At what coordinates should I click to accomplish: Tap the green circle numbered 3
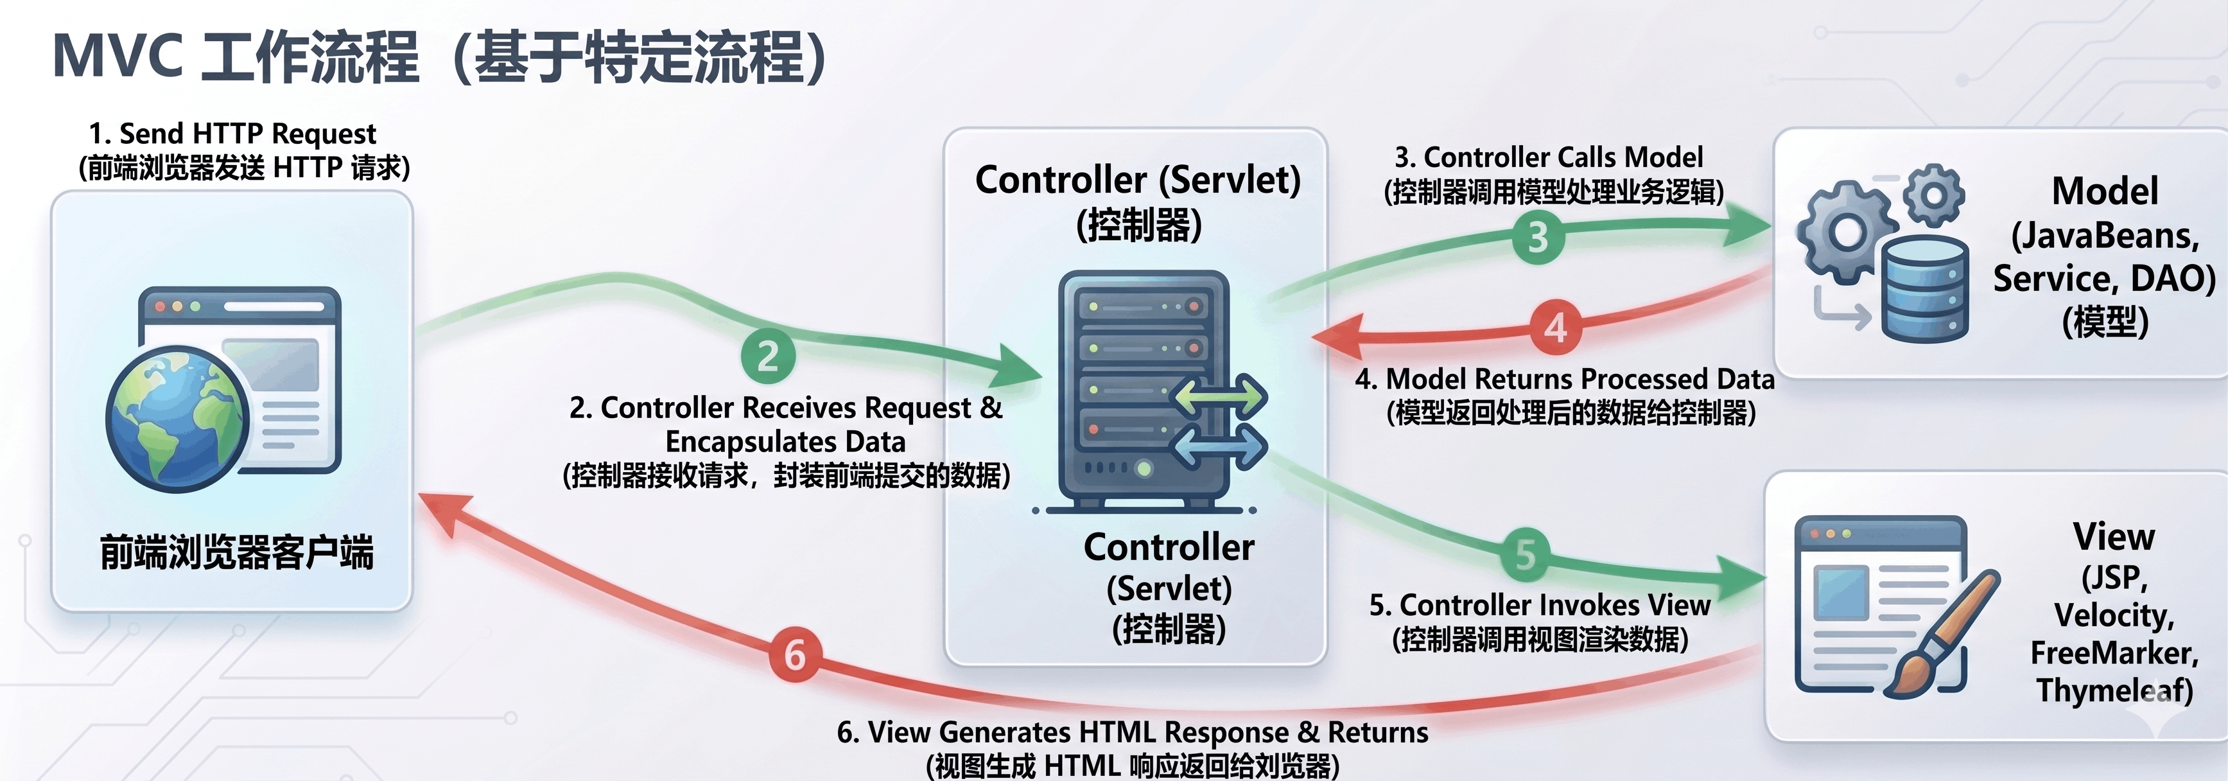[x=1538, y=237]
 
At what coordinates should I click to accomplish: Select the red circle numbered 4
[x=1556, y=328]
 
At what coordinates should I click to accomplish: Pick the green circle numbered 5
[x=1526, y=554]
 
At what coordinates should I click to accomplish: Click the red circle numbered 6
[x=795, y=654]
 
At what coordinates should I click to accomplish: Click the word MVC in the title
[x=117, y=57]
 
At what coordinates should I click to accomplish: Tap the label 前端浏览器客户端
[x=237, y=552]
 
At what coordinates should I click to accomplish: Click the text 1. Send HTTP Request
[x=232, y=134]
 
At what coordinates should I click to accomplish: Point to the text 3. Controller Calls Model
[x=1548, y=157]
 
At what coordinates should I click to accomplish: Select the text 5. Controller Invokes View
[x=1540, y=604]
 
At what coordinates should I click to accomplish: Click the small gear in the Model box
[x=1934, y=194]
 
